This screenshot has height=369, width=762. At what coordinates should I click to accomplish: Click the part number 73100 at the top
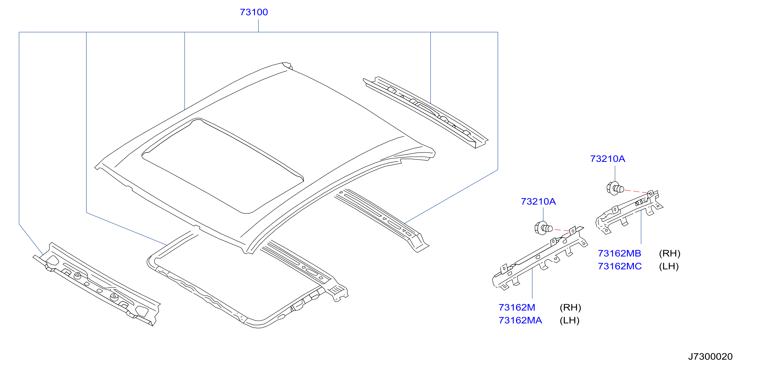254,12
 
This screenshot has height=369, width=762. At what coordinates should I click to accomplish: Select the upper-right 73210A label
608,159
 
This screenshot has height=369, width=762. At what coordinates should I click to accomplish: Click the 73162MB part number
619,253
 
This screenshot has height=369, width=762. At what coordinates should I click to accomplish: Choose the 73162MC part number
620,267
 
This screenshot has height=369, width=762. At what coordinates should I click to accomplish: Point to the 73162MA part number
520,321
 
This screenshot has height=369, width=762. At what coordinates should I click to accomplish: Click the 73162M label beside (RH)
517,308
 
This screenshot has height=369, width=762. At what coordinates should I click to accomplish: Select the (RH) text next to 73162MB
670,253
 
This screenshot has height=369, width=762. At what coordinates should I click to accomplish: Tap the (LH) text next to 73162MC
669,267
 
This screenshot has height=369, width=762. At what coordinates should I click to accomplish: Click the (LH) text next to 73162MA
569,321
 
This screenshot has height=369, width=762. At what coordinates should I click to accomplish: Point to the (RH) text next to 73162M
570,308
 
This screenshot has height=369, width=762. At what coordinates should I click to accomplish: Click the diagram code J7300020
710,357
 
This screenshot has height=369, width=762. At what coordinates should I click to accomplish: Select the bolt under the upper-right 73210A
615,188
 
